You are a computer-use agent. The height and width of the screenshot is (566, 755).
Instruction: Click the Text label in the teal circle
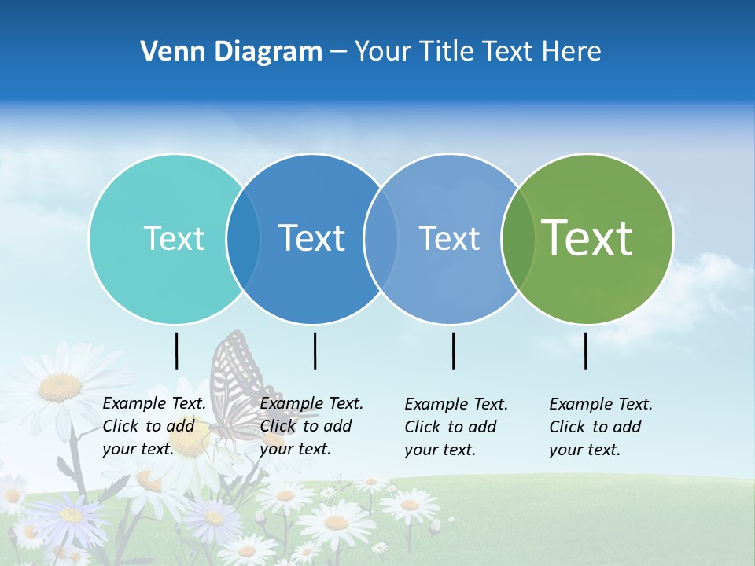coord(174,238)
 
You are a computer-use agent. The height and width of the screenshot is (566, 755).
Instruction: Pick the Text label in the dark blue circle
coord(311,238)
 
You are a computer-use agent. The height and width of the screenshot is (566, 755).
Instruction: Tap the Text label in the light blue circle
coord(449,238)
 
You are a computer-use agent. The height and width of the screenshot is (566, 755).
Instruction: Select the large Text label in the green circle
coord(587,238)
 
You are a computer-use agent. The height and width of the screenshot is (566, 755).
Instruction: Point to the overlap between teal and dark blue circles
coord(243,238)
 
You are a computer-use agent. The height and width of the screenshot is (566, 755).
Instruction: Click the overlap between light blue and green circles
coord(517,238)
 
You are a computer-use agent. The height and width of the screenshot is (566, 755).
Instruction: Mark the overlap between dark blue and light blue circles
coord(381,238)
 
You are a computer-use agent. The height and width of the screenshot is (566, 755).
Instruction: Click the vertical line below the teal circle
coord(176,351)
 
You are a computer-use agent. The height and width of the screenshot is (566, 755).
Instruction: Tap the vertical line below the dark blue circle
coord(315,351)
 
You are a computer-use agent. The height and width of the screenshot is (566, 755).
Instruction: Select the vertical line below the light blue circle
coord(453,351)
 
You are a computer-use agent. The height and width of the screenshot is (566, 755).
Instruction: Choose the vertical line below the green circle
coord(585,351)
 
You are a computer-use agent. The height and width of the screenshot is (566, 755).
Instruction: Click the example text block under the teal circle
coord(154,426)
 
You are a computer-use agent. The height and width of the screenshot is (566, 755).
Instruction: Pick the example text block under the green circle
coord(601,427)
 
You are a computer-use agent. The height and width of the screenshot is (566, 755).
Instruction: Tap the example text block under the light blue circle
coord(456,427)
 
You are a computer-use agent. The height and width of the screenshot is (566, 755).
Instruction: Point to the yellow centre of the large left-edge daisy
coord(60,387)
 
